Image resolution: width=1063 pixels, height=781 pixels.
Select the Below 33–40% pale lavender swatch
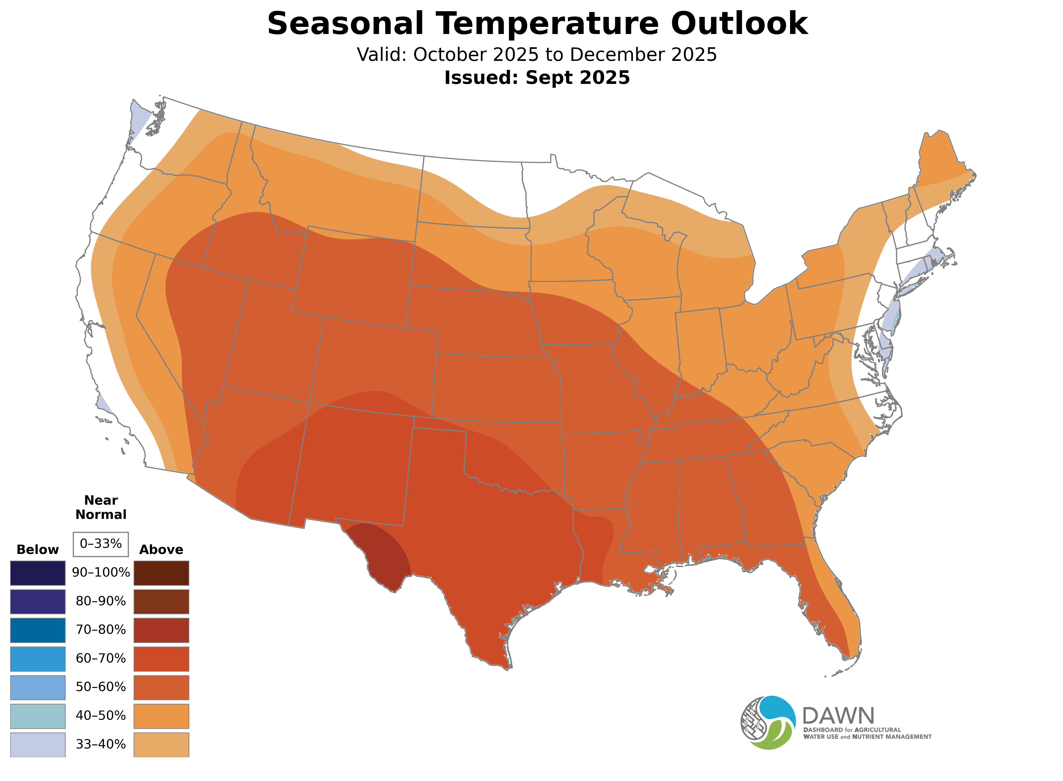tap(38, 745)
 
